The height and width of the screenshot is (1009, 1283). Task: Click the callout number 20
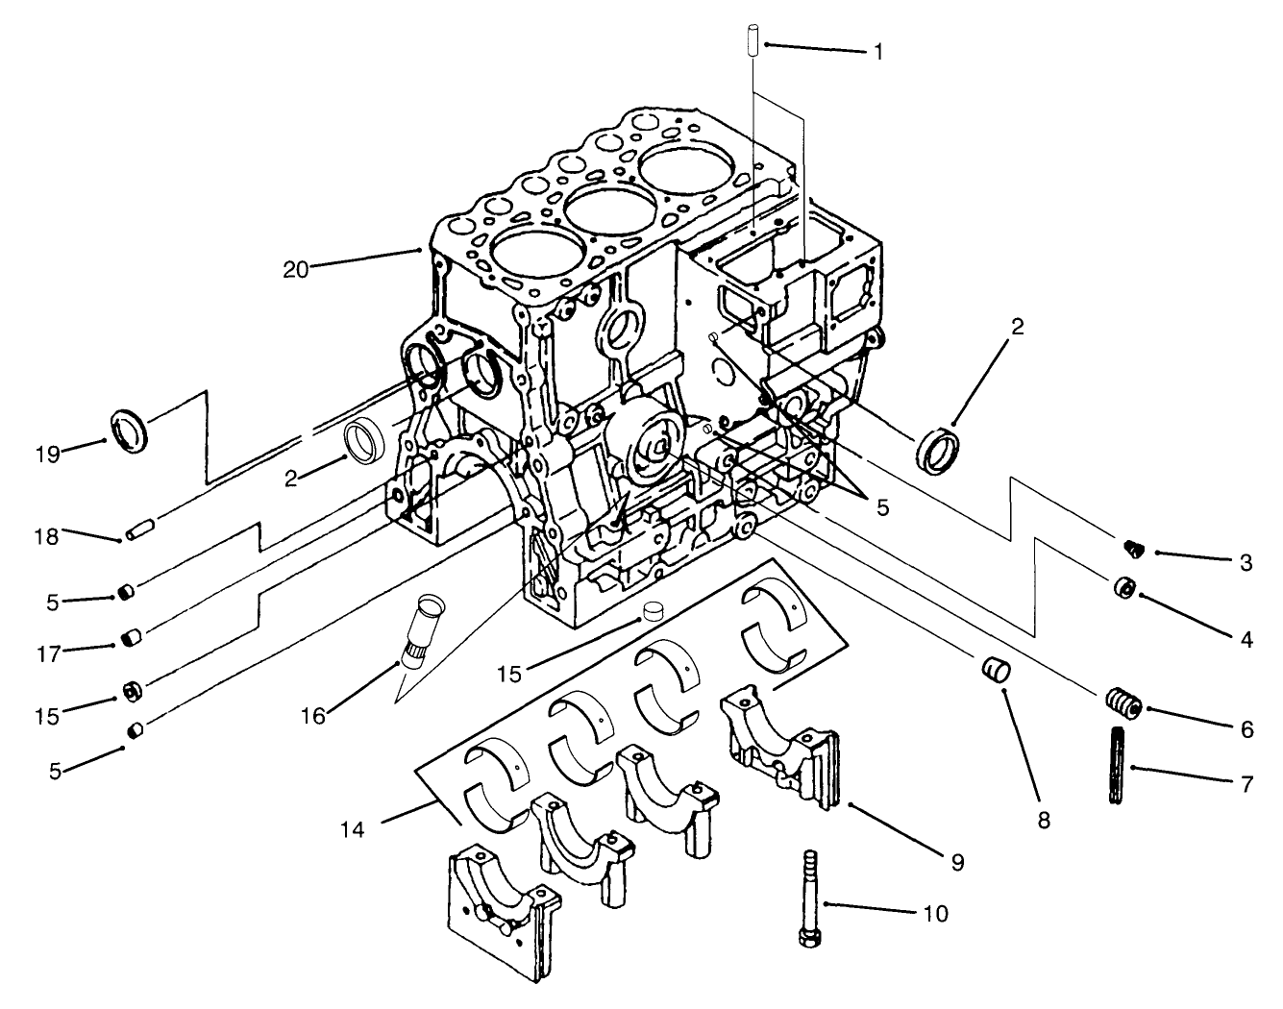click(295, 269)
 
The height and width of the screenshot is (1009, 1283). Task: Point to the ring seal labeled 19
click(132, 429)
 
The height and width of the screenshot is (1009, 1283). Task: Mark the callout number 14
click(353, 827)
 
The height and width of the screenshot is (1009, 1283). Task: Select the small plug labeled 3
click(1135, 550)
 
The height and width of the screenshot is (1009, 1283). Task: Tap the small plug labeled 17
click(134, 637)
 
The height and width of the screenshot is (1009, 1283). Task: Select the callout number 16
click(314, 715)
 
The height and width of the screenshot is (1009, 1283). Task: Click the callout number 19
click(47, 455)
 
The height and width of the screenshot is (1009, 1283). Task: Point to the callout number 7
click(1246, 784)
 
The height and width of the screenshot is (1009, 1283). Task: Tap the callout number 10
click(935, 912)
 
